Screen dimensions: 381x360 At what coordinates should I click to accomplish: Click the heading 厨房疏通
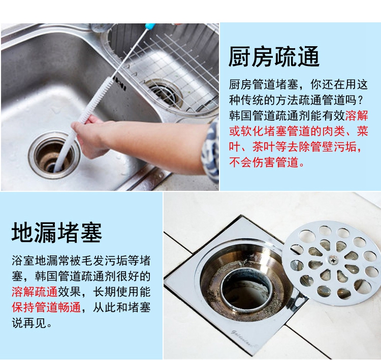(274, 56)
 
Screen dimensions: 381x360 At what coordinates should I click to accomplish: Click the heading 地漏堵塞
(56, 233)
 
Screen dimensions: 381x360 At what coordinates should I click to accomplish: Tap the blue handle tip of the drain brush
(150, 26)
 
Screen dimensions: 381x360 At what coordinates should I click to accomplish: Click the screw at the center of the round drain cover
(333, 260)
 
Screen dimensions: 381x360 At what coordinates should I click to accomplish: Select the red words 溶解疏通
(35, 292)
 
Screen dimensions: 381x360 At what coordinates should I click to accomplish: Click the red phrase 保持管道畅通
(46, 307)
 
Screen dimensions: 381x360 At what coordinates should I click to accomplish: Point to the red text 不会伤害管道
(264, 162)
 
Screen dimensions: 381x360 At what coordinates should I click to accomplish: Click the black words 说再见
(29, 323)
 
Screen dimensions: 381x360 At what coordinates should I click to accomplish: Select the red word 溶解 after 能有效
(357, 116)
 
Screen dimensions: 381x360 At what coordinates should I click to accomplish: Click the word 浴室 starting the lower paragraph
(23, 261)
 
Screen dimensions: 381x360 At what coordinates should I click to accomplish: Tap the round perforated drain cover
(331, 260)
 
